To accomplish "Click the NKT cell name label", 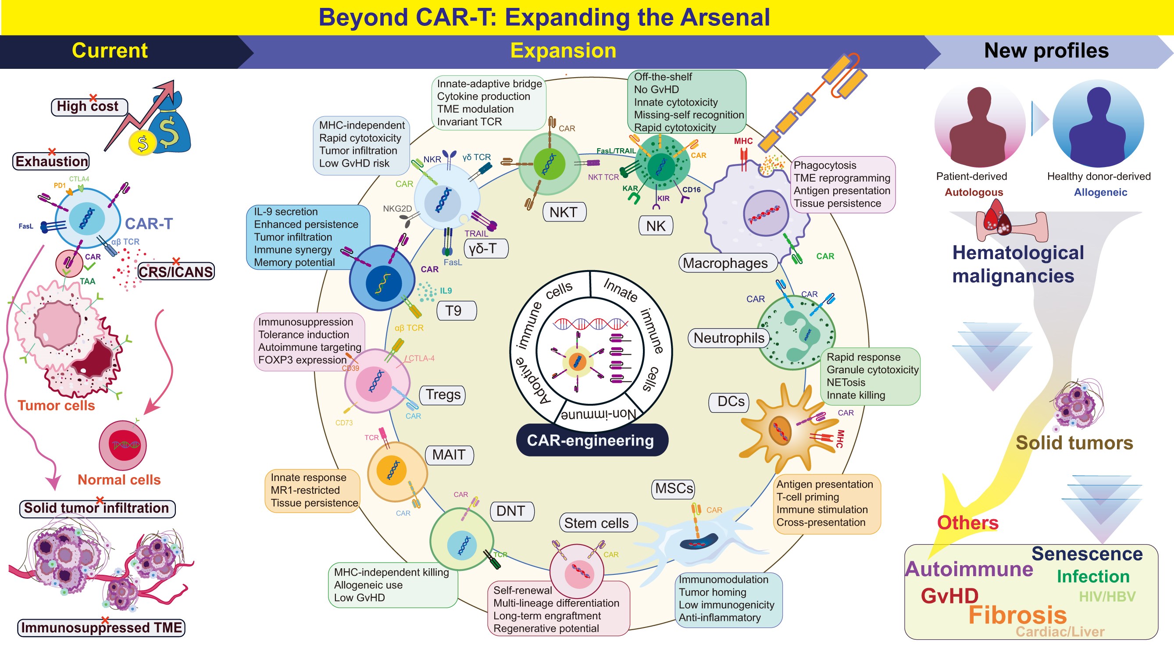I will pos(564,212).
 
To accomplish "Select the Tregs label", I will pos(442,395).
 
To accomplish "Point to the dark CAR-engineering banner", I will pos(591,441).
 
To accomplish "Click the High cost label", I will pos(88,107).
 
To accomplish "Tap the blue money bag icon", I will pos(171,128).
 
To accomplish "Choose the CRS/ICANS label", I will pos(175,272).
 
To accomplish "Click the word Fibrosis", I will pos(1017,615).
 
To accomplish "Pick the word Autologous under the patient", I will pos(974,192).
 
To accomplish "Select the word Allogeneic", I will pos(1100,192).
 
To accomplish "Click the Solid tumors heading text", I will pos(1074,443).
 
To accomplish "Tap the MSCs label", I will pos(674,489).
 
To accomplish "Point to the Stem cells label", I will pos(596,524).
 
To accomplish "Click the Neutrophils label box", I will pos(728,338).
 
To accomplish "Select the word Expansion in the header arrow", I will pos(563,50).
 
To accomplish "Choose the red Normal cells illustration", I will pos(123,445).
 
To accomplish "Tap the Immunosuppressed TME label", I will pos(101,628).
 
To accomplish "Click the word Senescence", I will pos(1087,554).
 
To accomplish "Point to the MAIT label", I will pos(449,455).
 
